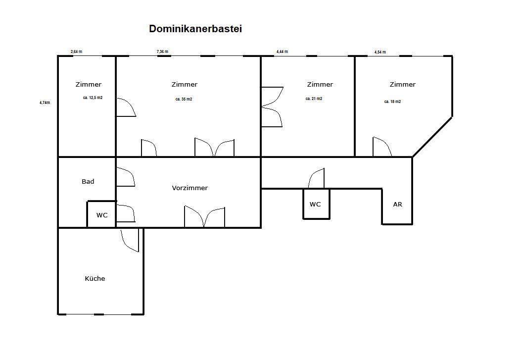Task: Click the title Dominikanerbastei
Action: (x=195, y=29)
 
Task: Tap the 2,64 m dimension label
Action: (x=76, y=51)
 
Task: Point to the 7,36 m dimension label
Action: (x=162, y=51)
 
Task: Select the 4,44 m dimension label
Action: (x=282, y=51)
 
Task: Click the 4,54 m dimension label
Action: (x=380, y=52)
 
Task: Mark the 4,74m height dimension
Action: (x=45, y=103)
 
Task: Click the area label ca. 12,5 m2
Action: (x=93, y=98)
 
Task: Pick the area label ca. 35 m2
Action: (x=184, y=99)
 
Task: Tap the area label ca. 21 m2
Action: (x=314, y=99)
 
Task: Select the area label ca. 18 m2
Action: (x=392, y=102)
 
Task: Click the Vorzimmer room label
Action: (x=190, y=188)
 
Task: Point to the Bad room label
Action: (x=88, y=182)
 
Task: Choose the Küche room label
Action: (x=95, y=279)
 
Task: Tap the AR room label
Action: (x=398, y=204)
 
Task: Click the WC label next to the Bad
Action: (x=102, y=215)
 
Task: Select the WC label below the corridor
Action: (x=315, y=205)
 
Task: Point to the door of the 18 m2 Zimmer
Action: (x=381, y=147)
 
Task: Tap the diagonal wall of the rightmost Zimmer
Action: (x=432, y=137)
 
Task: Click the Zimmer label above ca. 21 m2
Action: (x=320, y=85)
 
